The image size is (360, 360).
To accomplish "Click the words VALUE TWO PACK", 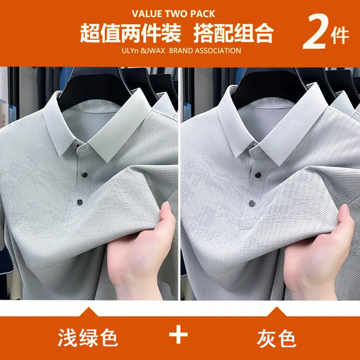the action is tap(173, 14).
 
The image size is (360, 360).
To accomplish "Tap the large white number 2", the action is tap(316, 32).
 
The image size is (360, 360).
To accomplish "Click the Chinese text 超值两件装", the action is tap(131, 33).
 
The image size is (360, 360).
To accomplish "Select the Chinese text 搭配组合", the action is tap(234, 33).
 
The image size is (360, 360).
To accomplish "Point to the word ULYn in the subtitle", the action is tap(130, 50).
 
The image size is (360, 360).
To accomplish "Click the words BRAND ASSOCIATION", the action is tap(205, 50).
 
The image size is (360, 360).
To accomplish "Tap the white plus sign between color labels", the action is tap(179, 334).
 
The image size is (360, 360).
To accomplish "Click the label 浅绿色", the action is tap(88, 337).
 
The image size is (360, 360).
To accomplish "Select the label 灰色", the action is tap(276, 338).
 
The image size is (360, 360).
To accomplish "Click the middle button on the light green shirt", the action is tap(84, 175).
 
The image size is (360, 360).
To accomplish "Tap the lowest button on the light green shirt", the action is tap(80, 202).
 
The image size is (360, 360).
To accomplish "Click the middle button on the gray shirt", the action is tap(258, 176).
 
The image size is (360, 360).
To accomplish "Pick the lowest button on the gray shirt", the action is tap(252, 203).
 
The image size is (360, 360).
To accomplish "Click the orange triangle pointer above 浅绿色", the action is tap(88, 312).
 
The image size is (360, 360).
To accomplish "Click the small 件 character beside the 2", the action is tap(340, 36).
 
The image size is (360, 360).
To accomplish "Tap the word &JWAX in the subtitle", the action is tap(153, 50).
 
